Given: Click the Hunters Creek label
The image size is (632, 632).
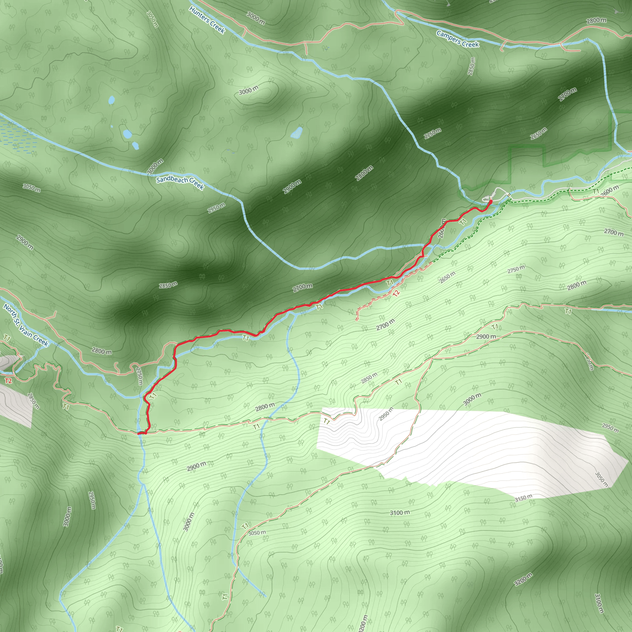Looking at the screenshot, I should click(x=207, y=20).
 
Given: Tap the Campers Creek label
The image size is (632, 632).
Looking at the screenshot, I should click(x=458, y=39).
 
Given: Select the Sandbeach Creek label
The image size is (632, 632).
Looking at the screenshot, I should click(x=180, y=183).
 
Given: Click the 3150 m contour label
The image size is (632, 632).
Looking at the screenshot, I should click(x=523, y=497).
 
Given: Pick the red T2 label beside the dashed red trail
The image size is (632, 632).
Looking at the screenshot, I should click(x=396, y=293).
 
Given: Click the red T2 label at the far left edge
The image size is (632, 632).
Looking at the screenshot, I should click(x=8, y=381).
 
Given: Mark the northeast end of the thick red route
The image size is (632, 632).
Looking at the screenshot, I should click(x=490, y=202).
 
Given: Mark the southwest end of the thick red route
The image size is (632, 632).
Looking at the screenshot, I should click(x=139, y=434).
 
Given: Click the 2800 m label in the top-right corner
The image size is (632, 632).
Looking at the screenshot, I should click(x=596, y=21).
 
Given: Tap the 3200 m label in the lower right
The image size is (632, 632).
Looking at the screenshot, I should click(x=523, y=579).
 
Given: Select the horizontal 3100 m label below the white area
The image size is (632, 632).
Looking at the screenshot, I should click(x=399, y=513).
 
